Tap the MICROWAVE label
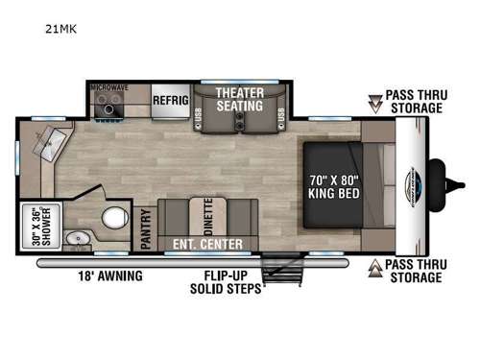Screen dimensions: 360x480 pyautogui.click(x=109, y=86)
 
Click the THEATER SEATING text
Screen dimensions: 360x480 pyautogui.click(x=240, y=98)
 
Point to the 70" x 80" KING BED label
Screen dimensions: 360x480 pyautogui.click(x=332, y=184)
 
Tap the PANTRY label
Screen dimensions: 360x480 pyautogui.click(x=147, y=230)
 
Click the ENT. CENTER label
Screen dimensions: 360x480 pyautogui.click(x=207, y=244)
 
